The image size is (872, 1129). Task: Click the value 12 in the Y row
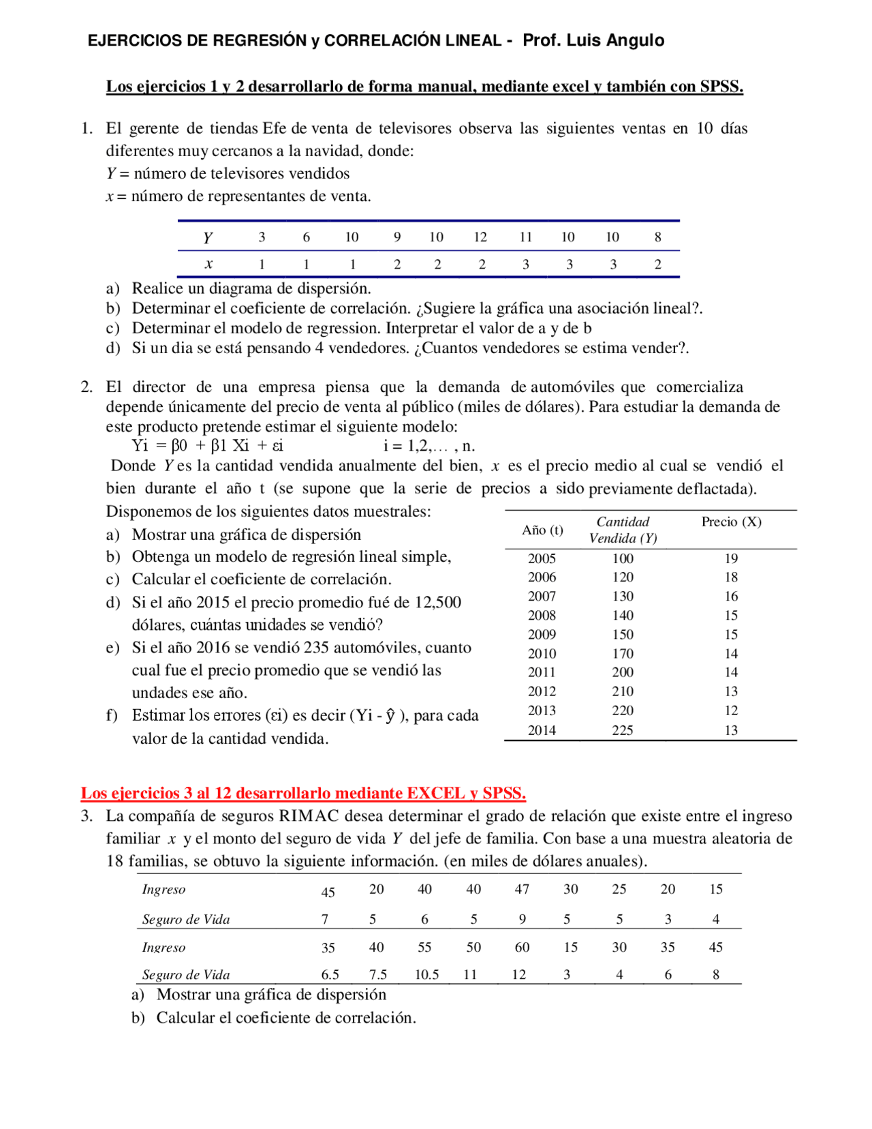pos(480,237)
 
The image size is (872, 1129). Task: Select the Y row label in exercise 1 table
pos(208,238)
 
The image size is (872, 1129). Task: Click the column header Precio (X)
pos(731,522)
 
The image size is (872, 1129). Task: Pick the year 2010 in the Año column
pos(542,653)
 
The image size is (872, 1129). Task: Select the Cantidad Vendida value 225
pos(622,730)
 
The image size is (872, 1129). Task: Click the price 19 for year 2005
pos(731,558)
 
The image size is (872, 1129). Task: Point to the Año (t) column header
pos(542,530)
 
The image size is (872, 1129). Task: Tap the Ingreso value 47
pos(522,889)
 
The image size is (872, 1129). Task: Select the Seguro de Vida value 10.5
pos(426,975)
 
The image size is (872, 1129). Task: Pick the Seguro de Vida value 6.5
pos(330,975)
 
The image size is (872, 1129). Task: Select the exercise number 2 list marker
pos(86,387)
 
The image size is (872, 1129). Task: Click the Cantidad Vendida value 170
pos(622,653)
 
